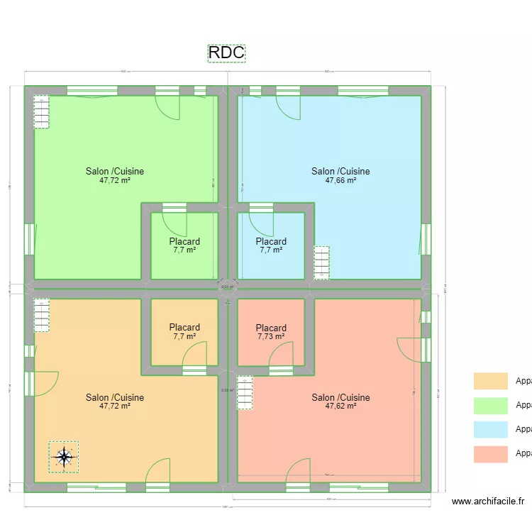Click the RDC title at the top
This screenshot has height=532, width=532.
coord(226,53)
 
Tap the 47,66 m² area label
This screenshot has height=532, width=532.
coord(340,180)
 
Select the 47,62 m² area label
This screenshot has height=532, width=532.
coord(340,406)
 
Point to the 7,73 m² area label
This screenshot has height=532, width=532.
coord(271,336)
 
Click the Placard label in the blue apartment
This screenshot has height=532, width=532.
coord(271,241)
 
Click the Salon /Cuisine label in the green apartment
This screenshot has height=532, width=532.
coord(115,171)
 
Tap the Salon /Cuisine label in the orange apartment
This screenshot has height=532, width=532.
coord(115,397)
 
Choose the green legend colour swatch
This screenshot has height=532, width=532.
coord(491,406)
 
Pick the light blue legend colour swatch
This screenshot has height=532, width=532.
coord(491,430)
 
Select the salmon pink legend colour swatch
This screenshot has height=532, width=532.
coord(491,454)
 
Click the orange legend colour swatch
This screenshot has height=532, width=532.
coord(491,382)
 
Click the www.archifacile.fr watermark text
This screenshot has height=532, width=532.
coord(487,501)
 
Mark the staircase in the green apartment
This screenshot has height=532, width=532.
coord(42,112)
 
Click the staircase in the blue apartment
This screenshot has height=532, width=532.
coord(322,262)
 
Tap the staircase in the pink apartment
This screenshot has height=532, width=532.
coord(245,392)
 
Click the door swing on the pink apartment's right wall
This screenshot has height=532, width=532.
coord(409,348)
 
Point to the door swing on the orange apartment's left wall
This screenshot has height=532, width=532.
coord(47,384)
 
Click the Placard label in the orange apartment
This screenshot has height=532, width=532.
coord(184,327)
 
